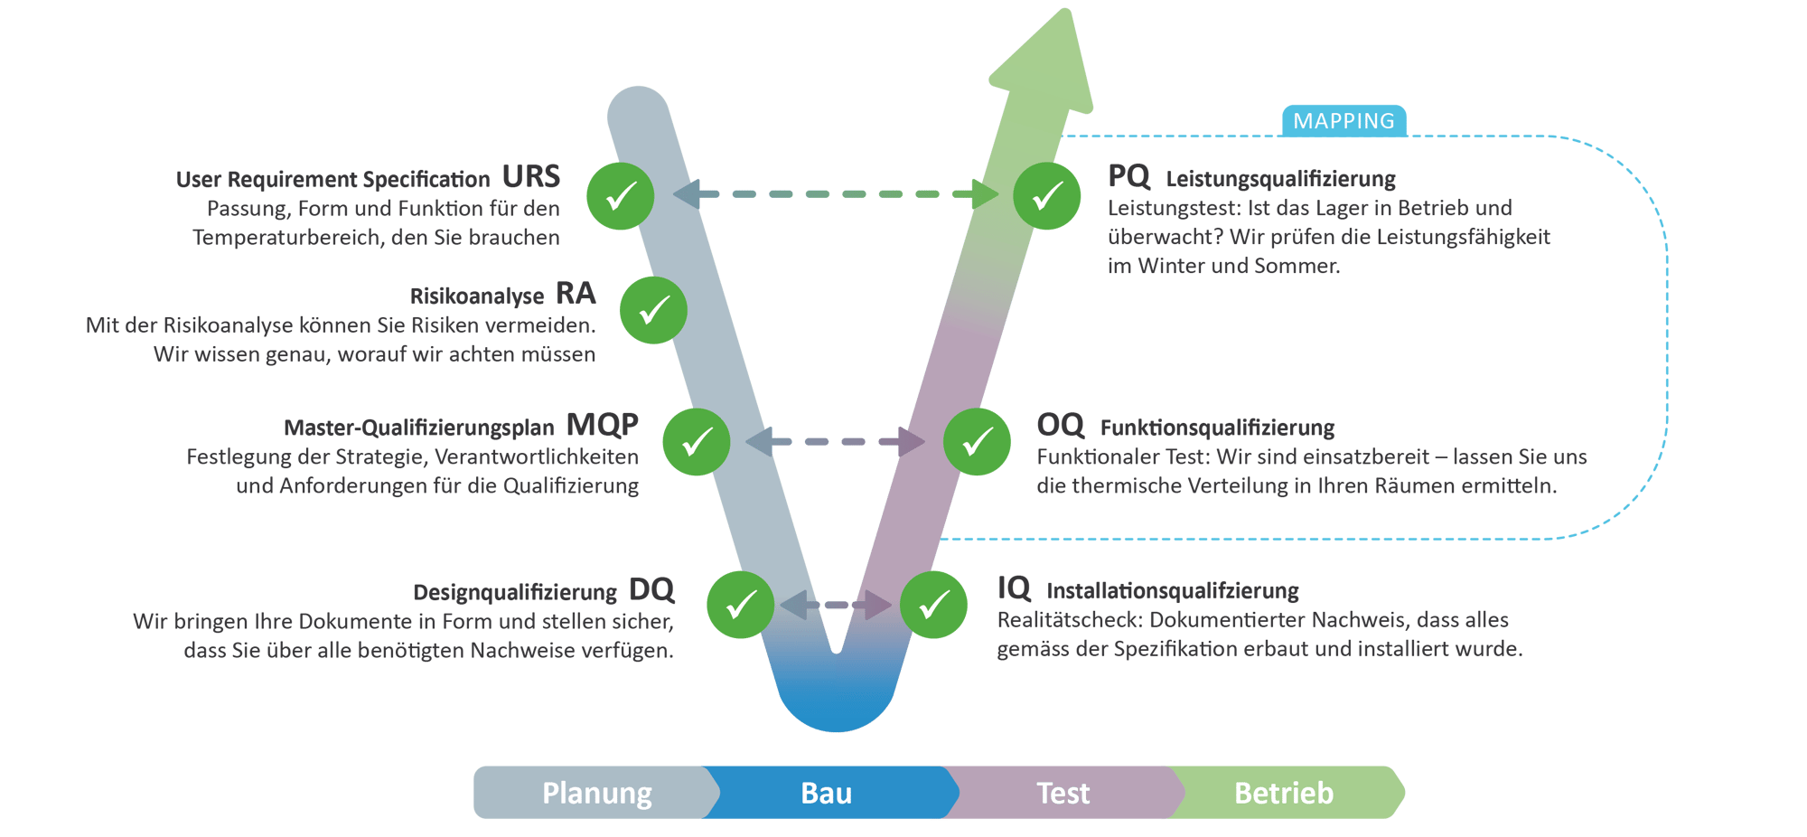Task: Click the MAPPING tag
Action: click(x=1344, y=121)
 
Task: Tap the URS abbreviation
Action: click(x=531, y=176)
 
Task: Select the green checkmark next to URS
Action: click(x=621, y=196)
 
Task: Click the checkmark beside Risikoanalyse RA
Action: click(x=653, y=311)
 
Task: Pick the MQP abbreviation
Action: click(x=602, y=424)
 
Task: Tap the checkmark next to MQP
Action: click(x=696, y=442)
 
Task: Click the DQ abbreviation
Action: click(x=651, y=590)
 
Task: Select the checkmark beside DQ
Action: click(x=740, y=605)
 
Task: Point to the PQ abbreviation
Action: click(x=1128, y=176)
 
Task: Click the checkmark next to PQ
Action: click(x=1047, y=196)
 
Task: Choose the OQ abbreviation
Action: click(x=1060, y=425)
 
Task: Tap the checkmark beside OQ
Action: click(x=977, y=442)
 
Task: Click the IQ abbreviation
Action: click(x=1014, y=588)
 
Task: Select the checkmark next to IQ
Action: click(x=933, y=605)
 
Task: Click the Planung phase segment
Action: click(x=596, y=793)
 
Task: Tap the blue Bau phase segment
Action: click(x=826, y=793)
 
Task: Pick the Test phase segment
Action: click(x=1063, y=793)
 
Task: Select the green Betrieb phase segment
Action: click(x=1284, y=793)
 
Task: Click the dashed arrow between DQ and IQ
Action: click(x=836, y=605)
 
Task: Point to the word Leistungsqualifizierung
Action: click(x=1280, y=179)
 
